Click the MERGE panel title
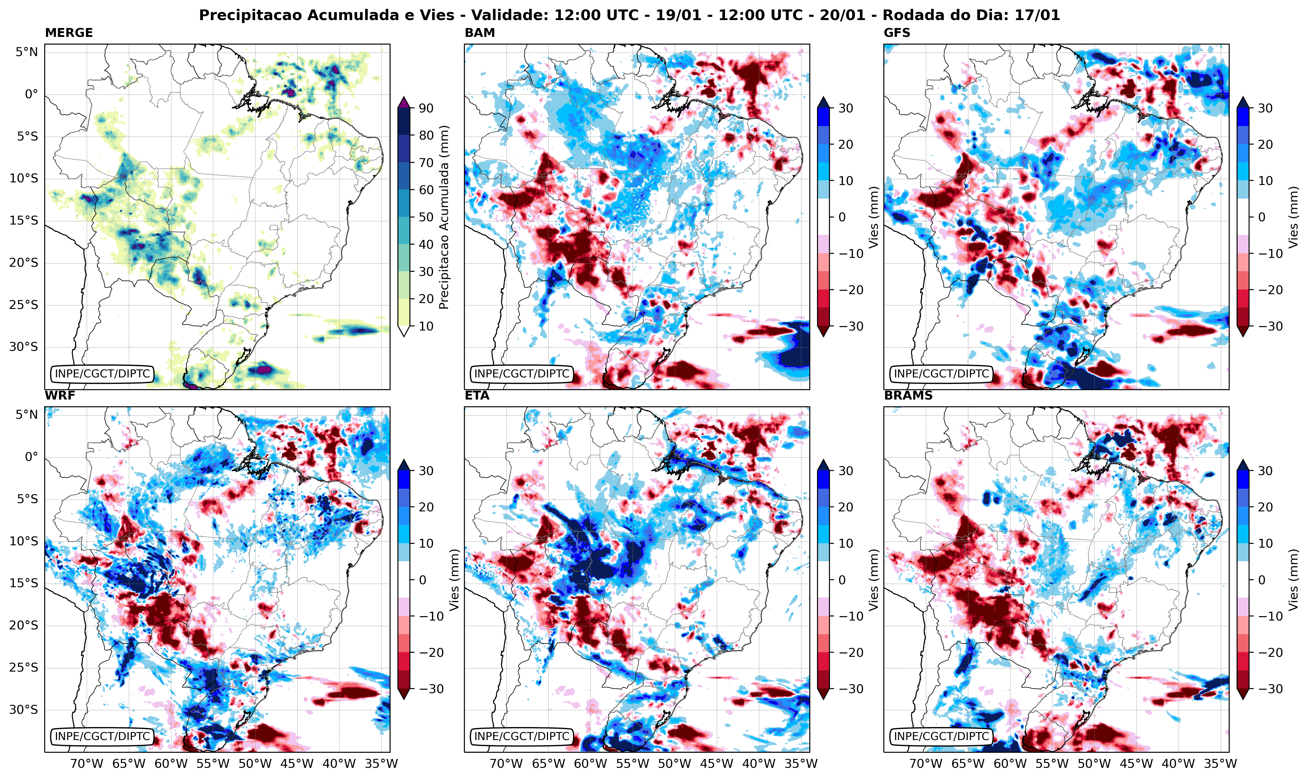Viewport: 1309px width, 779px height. point(69,32)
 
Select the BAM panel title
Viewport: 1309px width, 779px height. point(480,32)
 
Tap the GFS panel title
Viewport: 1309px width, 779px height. point(897,32)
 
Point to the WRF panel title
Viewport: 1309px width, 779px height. point(60,395)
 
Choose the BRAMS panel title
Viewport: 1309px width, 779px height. point(908,395)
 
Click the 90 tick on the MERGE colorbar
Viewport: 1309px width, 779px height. point(426,108)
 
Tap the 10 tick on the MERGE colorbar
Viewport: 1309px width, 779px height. point(426,326)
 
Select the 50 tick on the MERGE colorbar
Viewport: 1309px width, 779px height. point(426,217)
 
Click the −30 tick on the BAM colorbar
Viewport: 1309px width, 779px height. point(848,326)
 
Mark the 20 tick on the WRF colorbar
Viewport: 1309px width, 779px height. point(426,507)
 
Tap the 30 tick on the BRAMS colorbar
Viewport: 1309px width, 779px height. point(1264,471)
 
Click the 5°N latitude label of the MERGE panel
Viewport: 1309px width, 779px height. point(26,52)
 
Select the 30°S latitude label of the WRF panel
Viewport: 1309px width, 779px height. point(24,710)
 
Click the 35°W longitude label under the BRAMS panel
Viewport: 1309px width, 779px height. point(1220,763)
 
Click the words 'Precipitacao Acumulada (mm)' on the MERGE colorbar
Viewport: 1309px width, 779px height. point(444,217)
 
